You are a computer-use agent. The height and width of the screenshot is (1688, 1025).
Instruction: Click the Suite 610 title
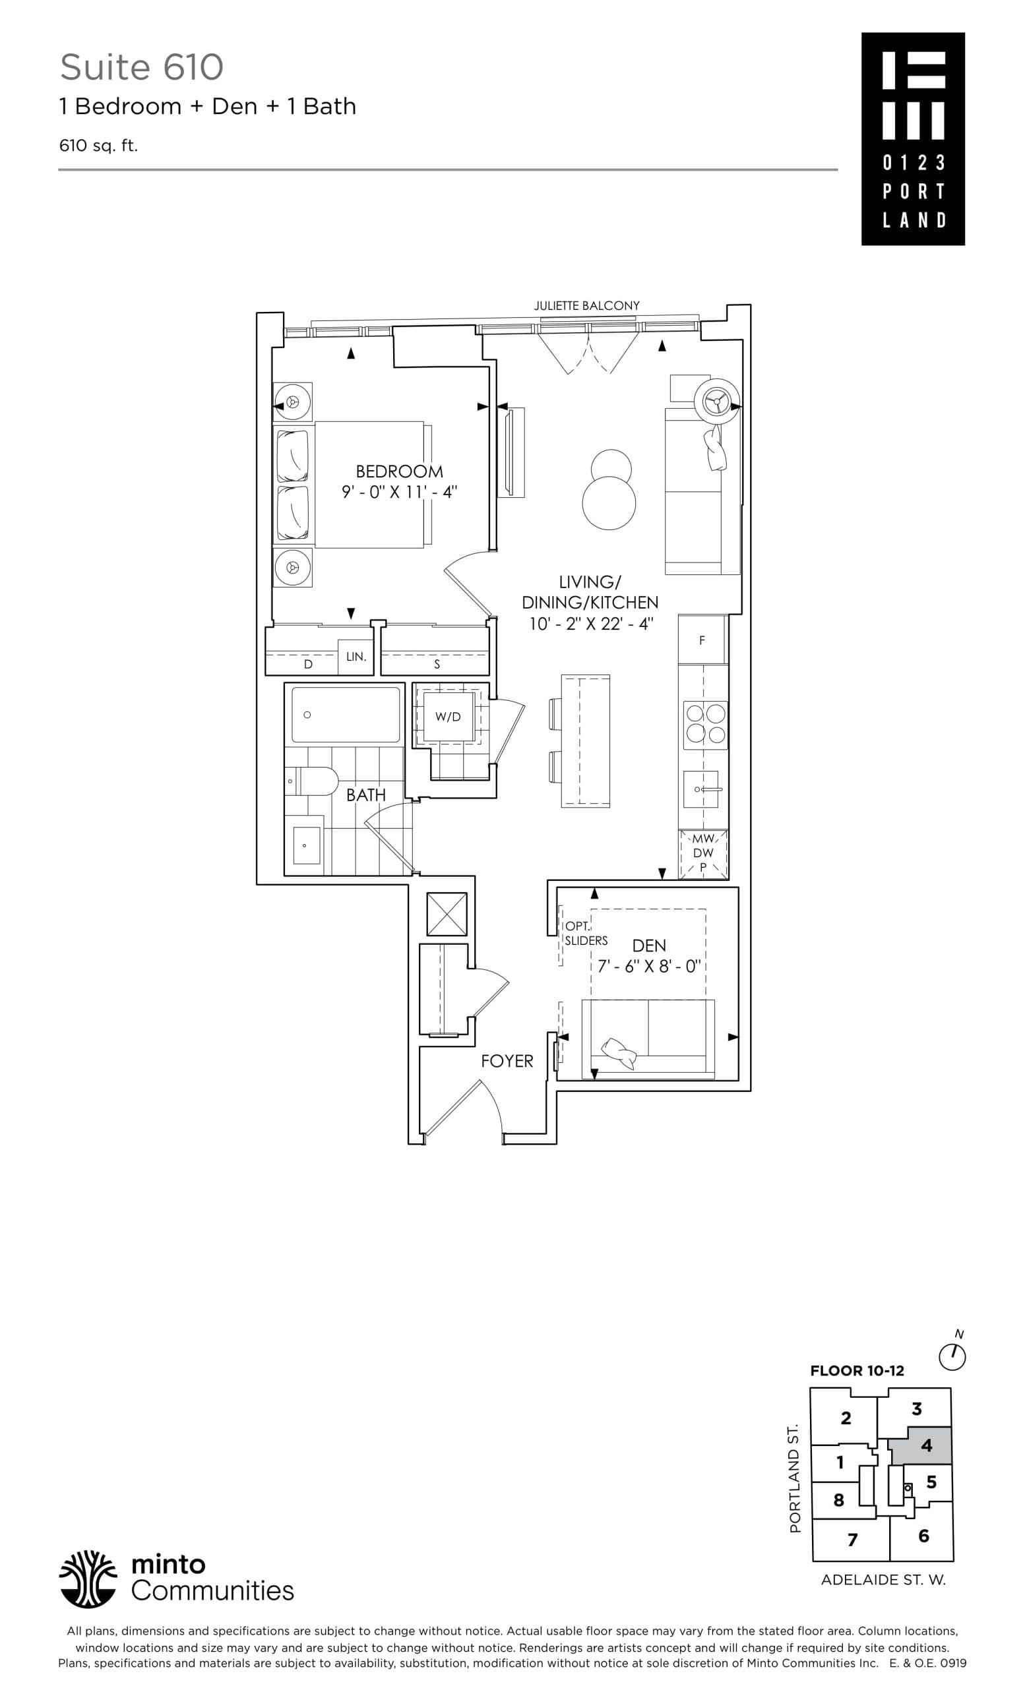[141, 67]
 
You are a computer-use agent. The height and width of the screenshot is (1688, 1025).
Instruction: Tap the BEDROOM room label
[399, 471]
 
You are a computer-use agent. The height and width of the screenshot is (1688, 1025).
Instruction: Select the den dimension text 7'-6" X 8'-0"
[648, 967]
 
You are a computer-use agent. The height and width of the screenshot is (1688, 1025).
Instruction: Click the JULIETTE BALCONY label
[586, 305]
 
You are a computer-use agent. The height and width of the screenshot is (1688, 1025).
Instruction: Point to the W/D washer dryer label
[447, 717]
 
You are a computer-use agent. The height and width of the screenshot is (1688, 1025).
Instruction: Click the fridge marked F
[702, 640]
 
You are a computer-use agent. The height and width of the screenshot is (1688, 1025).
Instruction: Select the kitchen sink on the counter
[701, 789]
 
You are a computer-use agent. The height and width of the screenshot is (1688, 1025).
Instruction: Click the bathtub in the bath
[346, 715]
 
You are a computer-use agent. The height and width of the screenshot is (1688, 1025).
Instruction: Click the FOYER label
[507, 1061]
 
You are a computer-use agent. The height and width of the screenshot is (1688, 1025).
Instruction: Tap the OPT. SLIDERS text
[585, 934]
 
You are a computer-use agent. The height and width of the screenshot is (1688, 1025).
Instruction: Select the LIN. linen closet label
[356, 656]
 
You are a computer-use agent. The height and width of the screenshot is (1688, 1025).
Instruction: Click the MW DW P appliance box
[703, 854]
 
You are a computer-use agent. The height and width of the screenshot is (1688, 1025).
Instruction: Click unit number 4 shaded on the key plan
[925, 1445]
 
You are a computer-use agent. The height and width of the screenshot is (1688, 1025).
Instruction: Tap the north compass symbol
[952, 1356]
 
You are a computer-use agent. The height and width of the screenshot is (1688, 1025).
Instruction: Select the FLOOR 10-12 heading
[856, 1385]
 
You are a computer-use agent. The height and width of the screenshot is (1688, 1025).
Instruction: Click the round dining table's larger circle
[608, 502]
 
